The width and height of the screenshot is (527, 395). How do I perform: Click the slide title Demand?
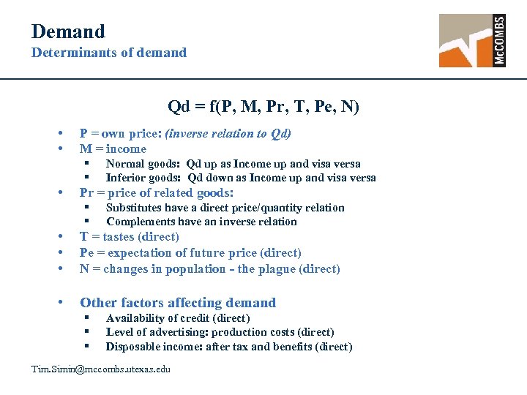[x=68, y=31]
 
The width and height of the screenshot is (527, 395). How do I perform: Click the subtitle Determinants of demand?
[x=108, y=53]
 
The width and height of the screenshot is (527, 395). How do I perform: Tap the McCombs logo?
[x=472, y=41]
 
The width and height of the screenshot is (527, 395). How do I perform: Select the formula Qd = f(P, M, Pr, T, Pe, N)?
[x=263, y=107]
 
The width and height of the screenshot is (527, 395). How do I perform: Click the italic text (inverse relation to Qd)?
[x=228, y=133]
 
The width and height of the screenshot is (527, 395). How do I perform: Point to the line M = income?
[x=113, y=148]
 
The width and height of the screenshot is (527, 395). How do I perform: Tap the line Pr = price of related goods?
[x=156, y=193]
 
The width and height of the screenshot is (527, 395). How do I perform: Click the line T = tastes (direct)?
[x=129, y=236]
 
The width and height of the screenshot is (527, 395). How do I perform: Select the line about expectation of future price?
[x=190, y=252]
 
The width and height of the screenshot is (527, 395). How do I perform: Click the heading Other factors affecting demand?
[x=178, y=303]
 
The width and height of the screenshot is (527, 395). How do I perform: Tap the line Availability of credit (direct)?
[x=178, y=318]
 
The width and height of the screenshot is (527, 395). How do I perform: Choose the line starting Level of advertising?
[x=220, y=332]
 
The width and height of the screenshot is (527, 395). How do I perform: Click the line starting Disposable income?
[x=228, y=347]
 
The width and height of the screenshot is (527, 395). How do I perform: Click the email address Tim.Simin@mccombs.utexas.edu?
[x=100, y=369]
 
